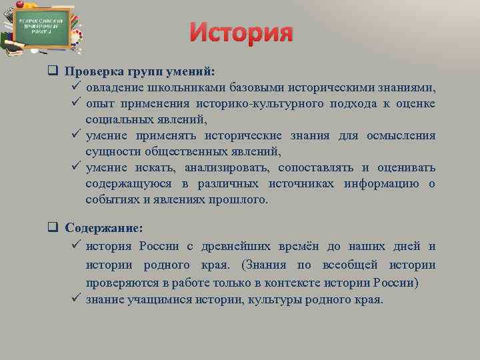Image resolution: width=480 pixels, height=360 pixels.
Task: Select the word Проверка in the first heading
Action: [x=92, y=73]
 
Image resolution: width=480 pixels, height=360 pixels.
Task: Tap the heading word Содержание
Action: [x=103, y=228]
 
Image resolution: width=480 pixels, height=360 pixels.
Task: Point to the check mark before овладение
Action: [x=75, y=88]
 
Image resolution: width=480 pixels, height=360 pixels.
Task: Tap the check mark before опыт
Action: [x=75, y=104]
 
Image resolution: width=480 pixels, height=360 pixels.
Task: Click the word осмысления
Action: [x=401, y=136]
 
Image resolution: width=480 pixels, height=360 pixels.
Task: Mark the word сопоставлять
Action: [x=317, y=168]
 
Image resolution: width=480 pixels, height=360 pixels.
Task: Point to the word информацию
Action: [x=382, y=184]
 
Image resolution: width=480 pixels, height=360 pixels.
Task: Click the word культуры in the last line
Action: [x=274, y=299]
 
